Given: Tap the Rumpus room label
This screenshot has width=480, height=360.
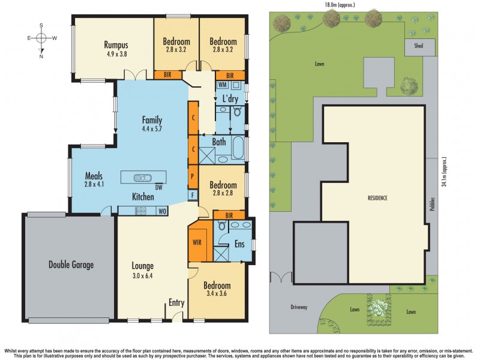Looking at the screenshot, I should (x=116, y=45).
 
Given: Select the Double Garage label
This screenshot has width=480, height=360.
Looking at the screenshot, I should (x=71, y=264).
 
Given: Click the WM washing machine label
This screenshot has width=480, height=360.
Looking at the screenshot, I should (x=222, y=85).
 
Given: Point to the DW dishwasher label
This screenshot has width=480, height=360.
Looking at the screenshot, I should (x=159, y=187).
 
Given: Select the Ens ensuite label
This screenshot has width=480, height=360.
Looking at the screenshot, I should (x=240, y=244).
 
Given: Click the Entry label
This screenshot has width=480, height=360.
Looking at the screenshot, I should (x=176, y=302).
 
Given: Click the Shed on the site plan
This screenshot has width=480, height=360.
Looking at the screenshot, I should (x=414, y=47).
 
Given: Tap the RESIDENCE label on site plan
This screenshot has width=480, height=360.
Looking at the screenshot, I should (x=377, y=198).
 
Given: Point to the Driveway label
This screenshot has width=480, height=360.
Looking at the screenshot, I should (x=299, y=307).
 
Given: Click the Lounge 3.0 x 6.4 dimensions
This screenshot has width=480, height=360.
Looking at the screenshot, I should (x=143, y=277).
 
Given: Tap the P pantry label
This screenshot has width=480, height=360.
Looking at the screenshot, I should (x=193, y=177).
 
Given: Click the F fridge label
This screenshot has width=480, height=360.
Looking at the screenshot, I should (x=193, y=195).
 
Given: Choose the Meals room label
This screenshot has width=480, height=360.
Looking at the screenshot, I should (x=94, y=176).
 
